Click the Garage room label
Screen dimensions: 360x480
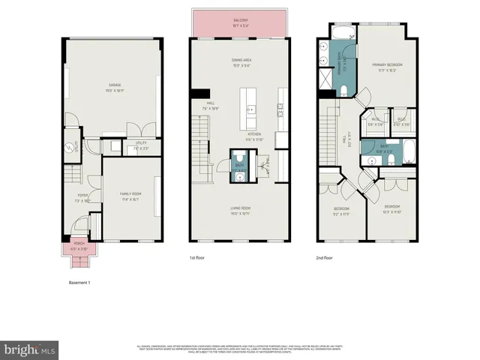[x=114, y=87]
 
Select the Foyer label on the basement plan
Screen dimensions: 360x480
[x=82, y=201]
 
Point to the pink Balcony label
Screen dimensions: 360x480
[x=240, y=22]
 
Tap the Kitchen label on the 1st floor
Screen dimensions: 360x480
[x=255, y=138]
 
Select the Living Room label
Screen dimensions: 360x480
[x=240, y=210]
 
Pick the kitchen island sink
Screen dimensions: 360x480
[x=250, y=109]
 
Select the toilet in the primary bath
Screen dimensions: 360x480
[x=343, y=91]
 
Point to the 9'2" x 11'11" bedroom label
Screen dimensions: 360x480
[x=341, y=212]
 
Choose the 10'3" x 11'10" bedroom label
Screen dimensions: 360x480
[x=393, y=208]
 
